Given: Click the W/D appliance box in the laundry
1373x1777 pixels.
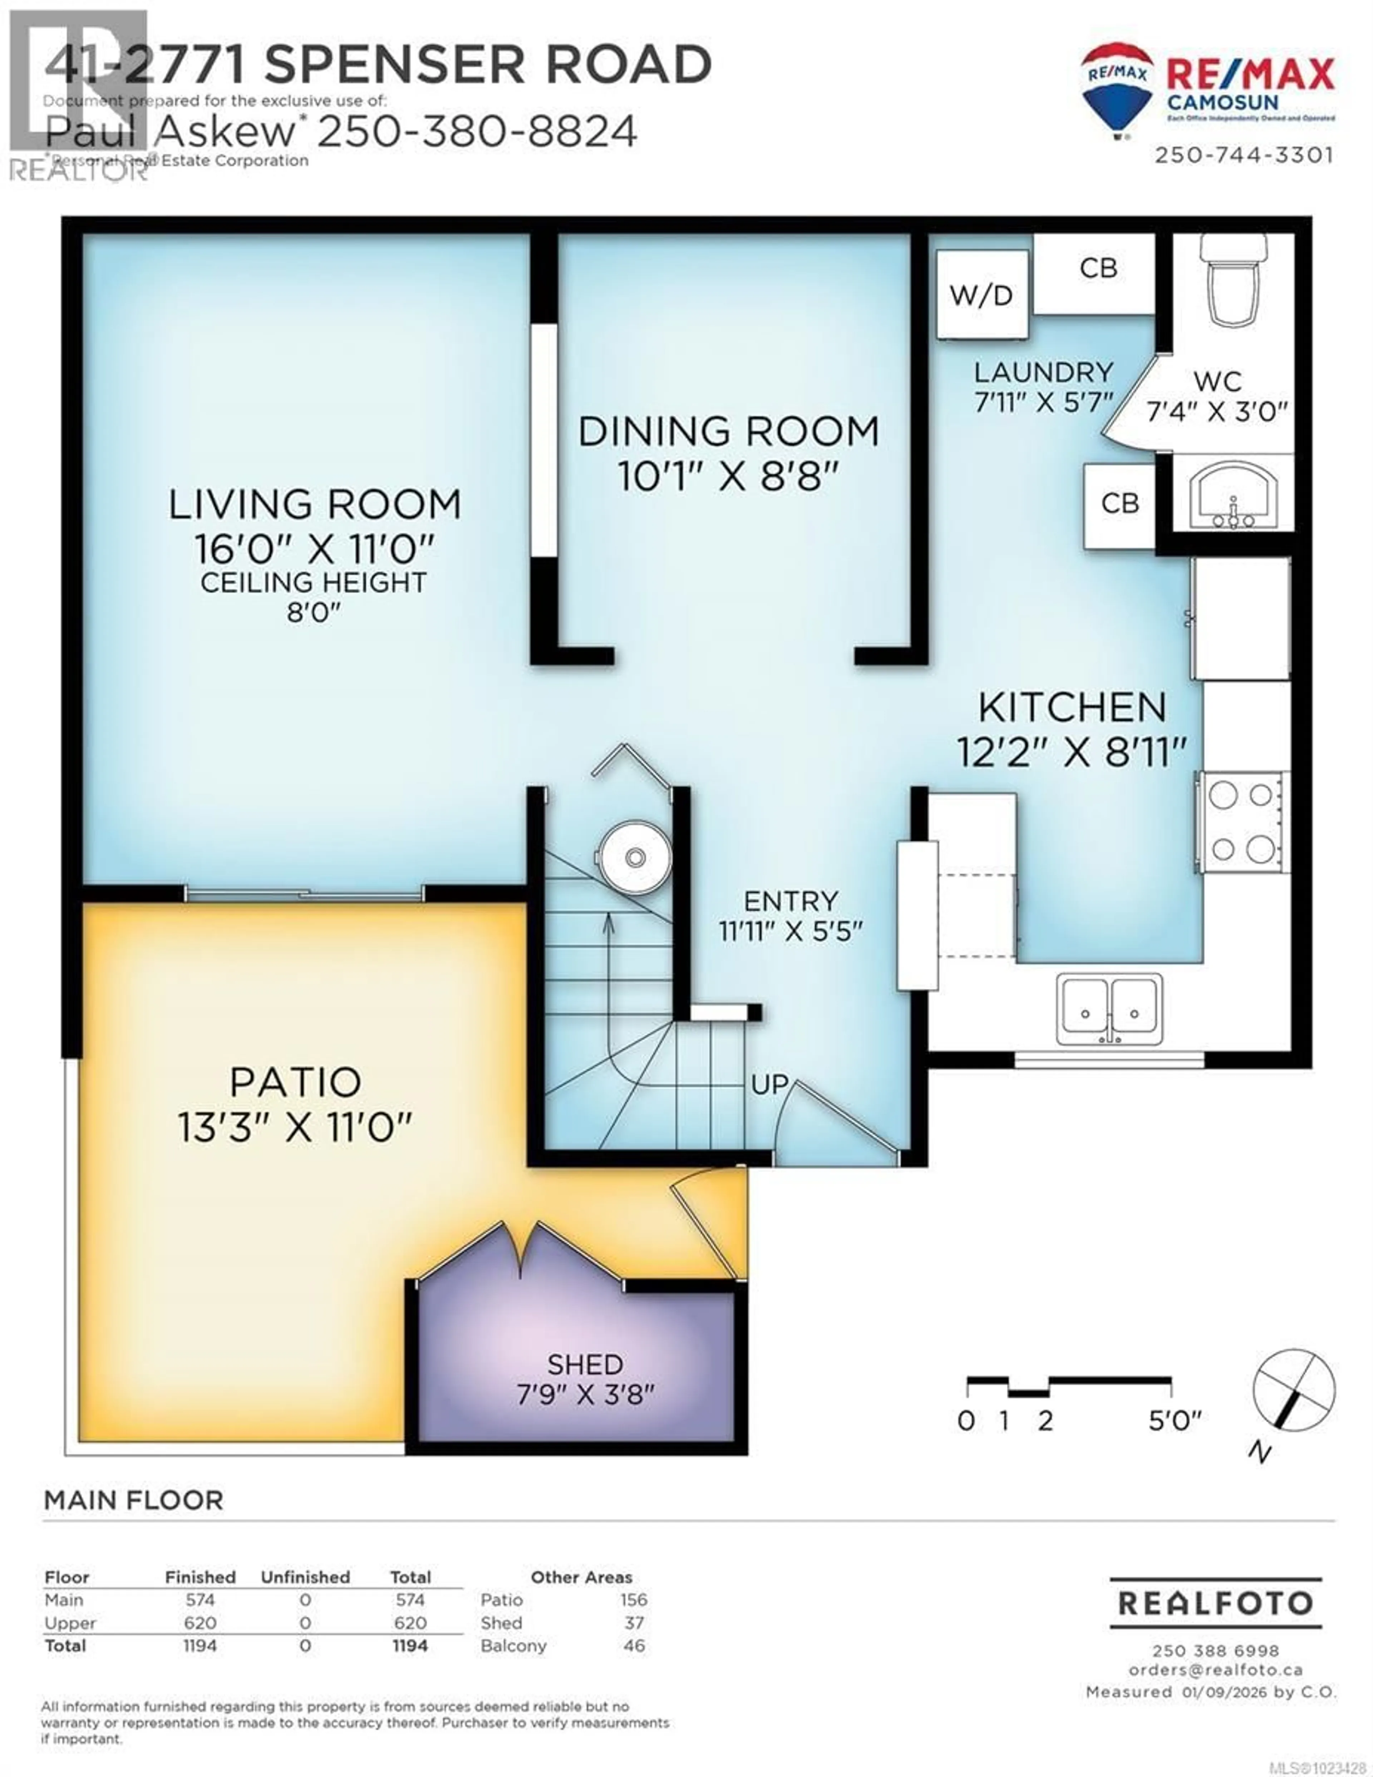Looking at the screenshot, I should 981,295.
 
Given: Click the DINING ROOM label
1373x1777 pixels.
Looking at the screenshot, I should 728,431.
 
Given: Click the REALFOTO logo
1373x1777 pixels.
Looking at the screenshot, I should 1215,1603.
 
